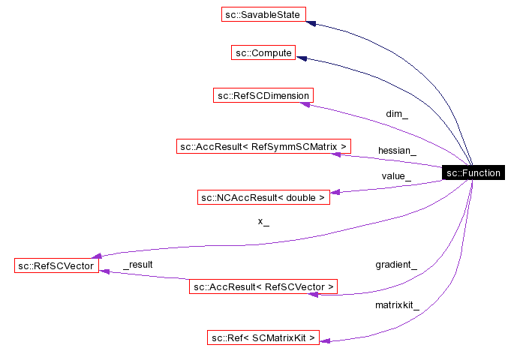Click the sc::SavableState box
coord(263,14)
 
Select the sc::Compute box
coord(263,53)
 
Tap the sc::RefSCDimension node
coord(263,95)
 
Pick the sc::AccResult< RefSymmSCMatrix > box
coord(264,146)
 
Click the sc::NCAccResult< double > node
coord(263,198)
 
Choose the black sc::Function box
coord(473,173)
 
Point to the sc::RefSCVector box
coord(56,265)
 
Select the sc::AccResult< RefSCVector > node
coord(263,286)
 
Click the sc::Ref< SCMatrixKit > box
coord(263,337)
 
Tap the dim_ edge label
coord(397,115)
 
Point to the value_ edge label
coord(395,176)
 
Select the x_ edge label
coord(263,221)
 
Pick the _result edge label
coord(138,265)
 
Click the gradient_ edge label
coord(396,265)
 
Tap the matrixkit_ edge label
coord(397,305)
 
